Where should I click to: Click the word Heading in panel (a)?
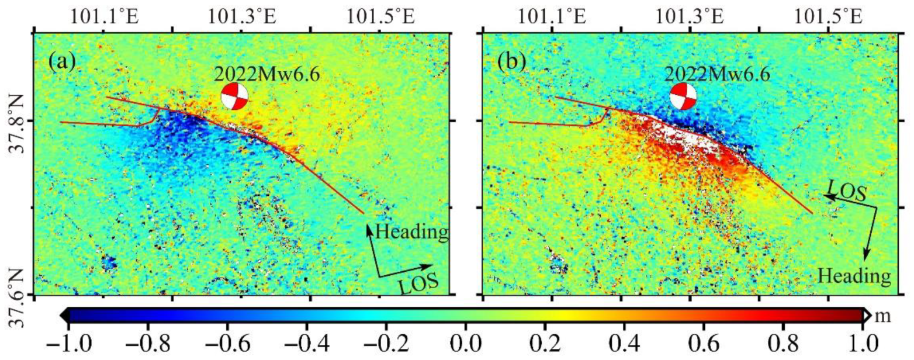(x=411, y=232)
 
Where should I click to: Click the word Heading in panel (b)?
(x=854, y=274)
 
